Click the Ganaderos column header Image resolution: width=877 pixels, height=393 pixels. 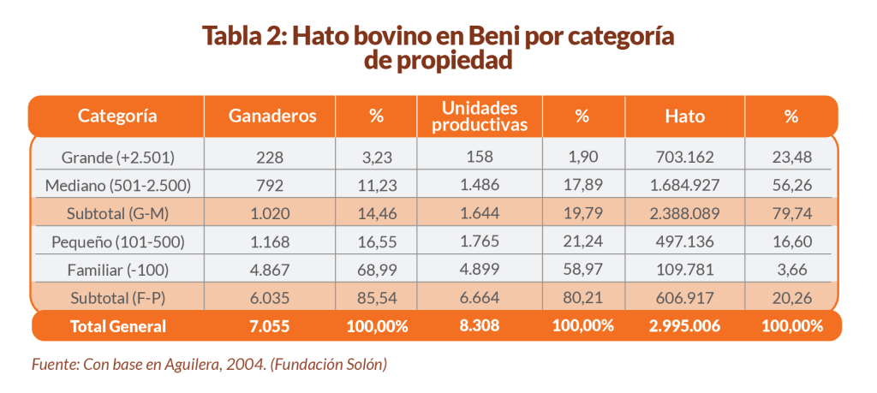(272, 116)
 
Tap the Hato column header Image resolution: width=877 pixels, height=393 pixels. (684, 116)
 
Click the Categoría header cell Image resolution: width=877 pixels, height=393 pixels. (117, 116)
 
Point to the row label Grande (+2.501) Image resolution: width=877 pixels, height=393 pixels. (118, 157)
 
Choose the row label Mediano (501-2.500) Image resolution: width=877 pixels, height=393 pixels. (118, 184)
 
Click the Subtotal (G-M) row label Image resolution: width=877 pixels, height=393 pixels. (118, 212)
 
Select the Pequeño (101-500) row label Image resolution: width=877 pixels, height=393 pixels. (118, 241)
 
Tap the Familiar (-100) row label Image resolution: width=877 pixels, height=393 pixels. (118, 269)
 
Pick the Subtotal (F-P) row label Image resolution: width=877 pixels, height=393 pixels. (118, 297)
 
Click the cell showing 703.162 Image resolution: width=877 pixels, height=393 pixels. (684, 157)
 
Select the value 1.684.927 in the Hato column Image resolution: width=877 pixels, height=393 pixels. (684, 184)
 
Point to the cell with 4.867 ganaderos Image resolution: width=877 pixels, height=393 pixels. (272, 269)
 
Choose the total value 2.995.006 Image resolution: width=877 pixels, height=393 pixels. (684, 326)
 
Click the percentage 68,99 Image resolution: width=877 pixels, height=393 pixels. (375, 269)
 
